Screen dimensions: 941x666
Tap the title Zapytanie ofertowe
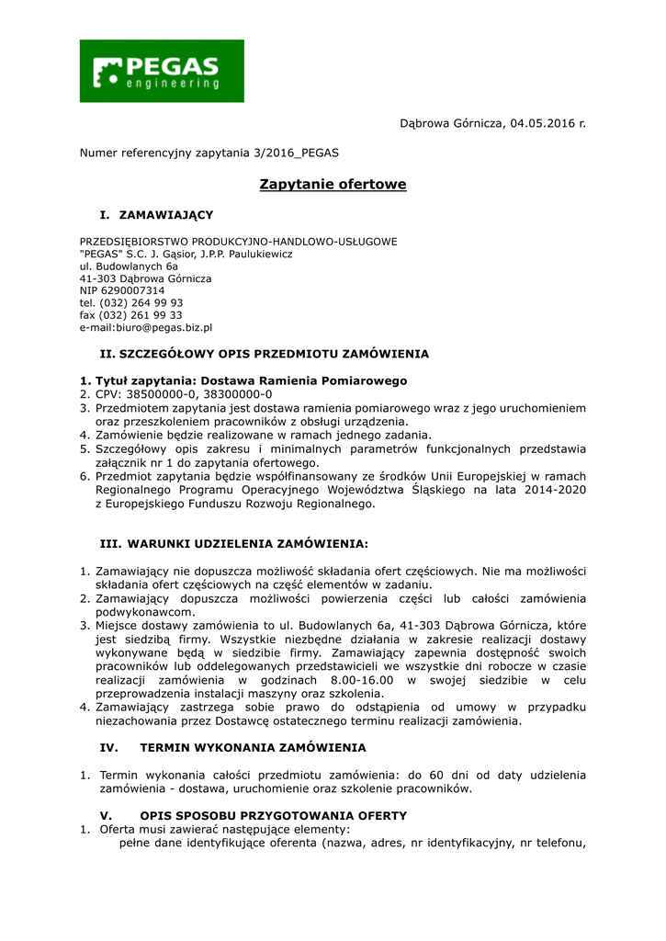click(333, 185)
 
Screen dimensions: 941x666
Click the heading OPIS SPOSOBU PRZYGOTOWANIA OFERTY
click(273, 816)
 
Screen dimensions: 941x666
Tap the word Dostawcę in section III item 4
click(248, 721)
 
